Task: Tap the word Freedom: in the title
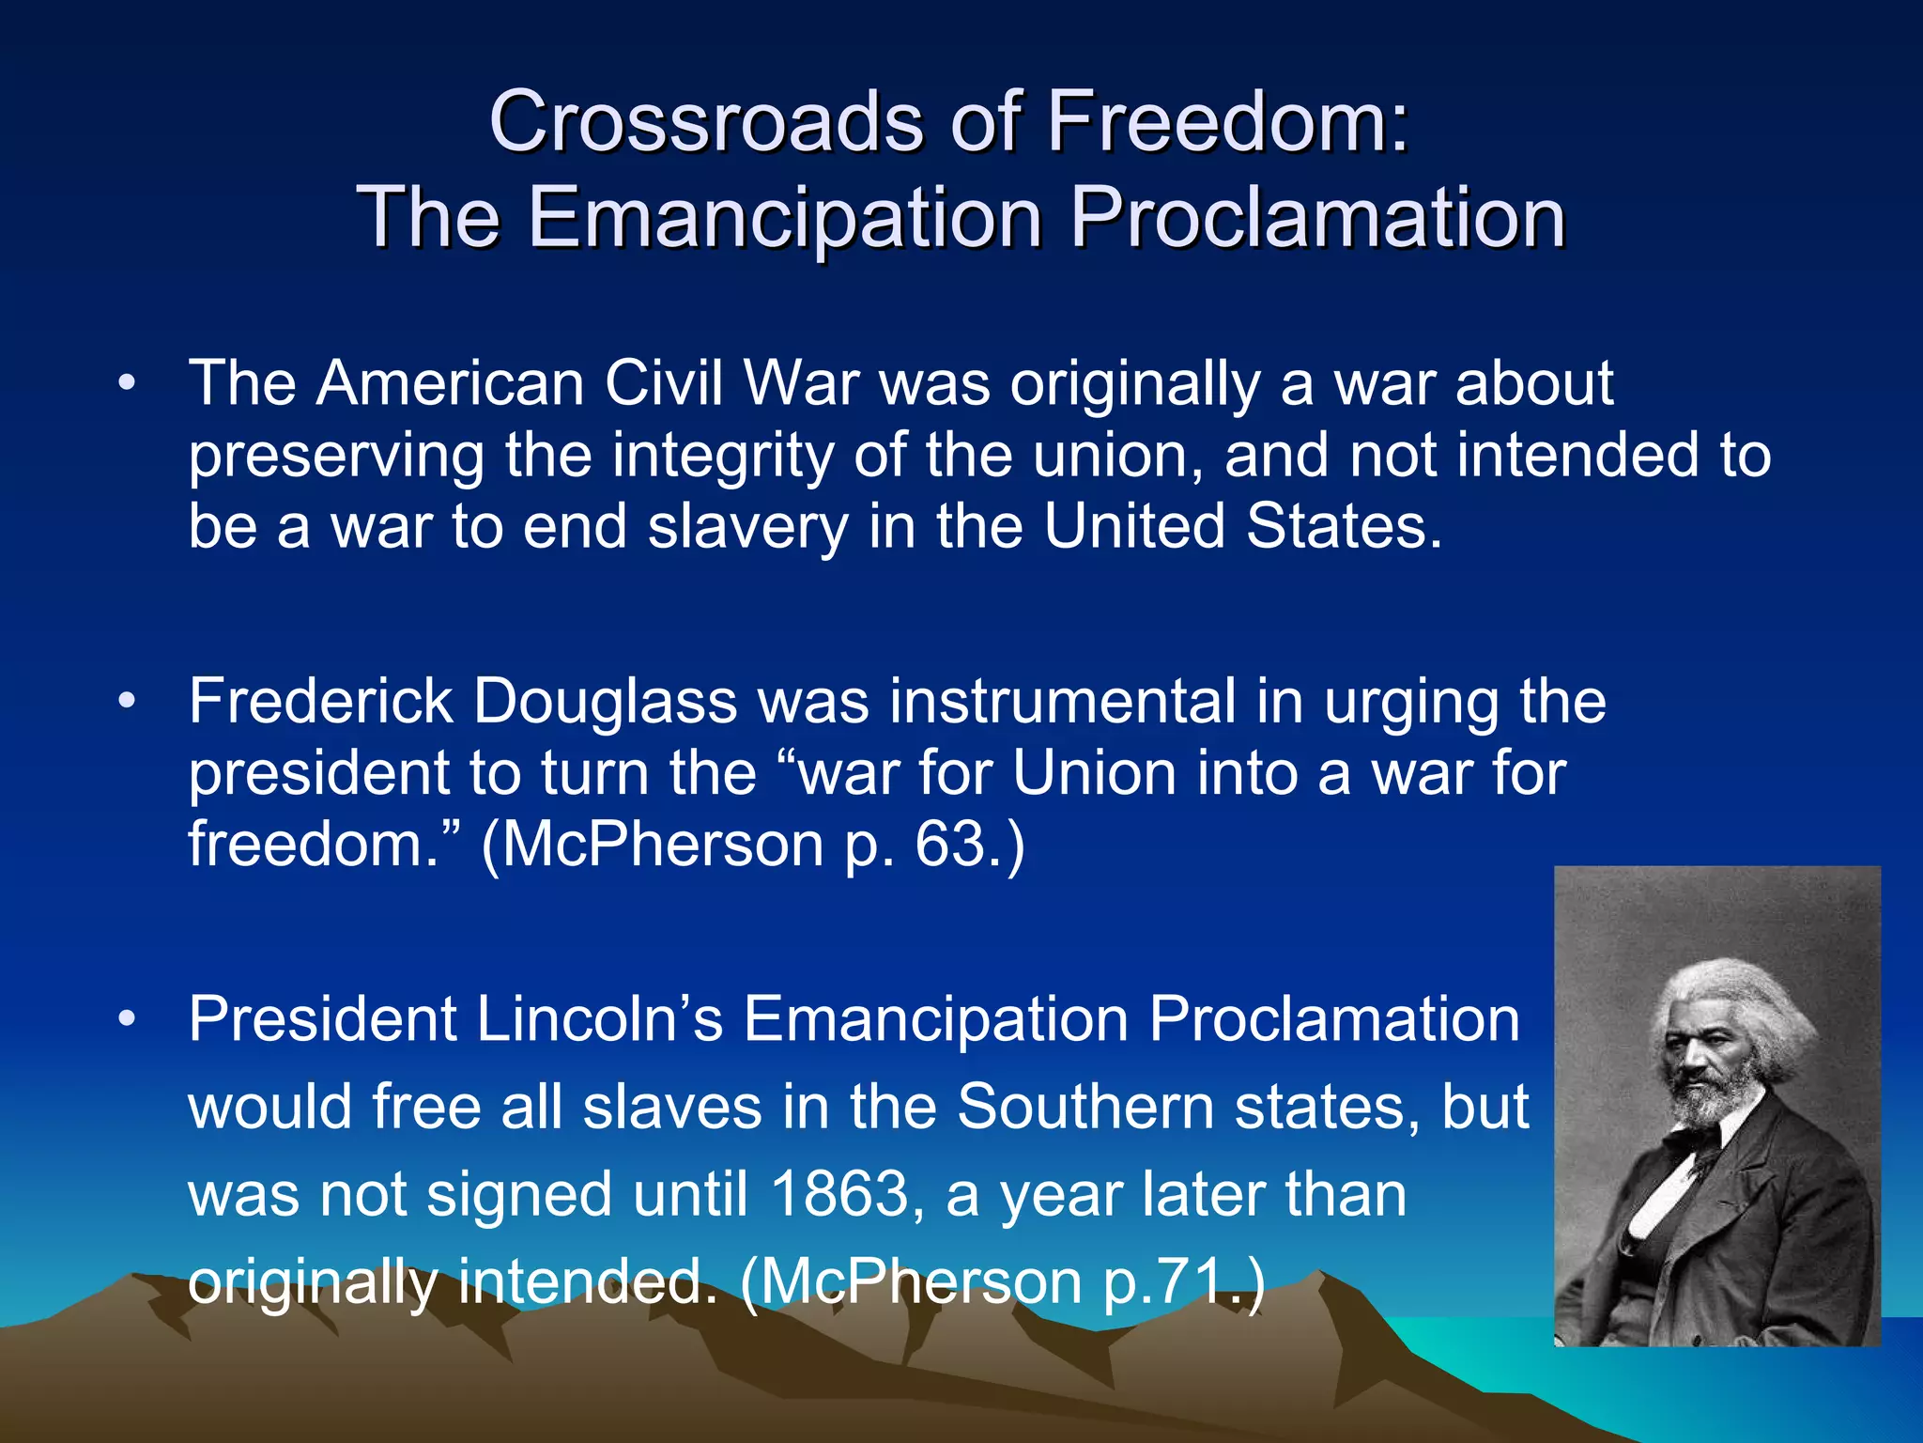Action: [x=1226, y=122]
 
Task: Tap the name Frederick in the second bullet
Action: [x=320, y=702]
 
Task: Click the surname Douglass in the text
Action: [x=605, y=702]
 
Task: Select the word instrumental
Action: [x=1062, y=702]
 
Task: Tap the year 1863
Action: [x=838, y=1195]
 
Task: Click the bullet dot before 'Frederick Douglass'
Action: [x=128, y=702]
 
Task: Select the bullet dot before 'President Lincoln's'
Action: [x=128, y=1019]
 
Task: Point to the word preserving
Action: [x=336, y=457]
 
